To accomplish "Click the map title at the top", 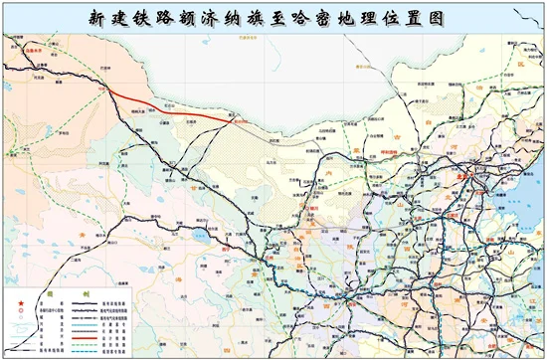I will (x=273, y=17).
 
